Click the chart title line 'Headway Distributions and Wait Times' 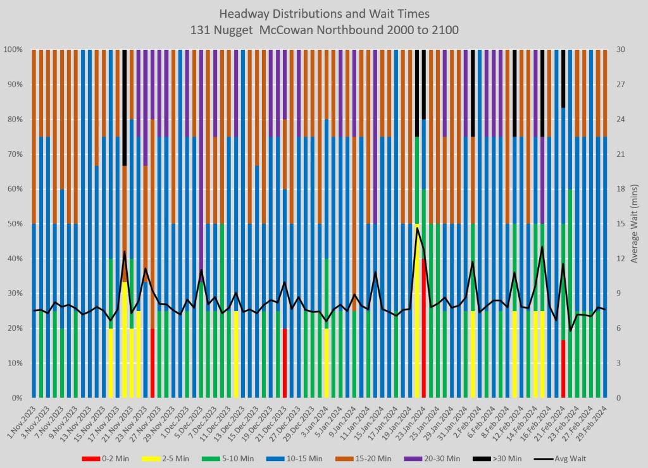click(323, 13)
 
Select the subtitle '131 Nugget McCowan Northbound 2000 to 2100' click(323, 29)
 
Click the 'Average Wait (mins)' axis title click(635, 223)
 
